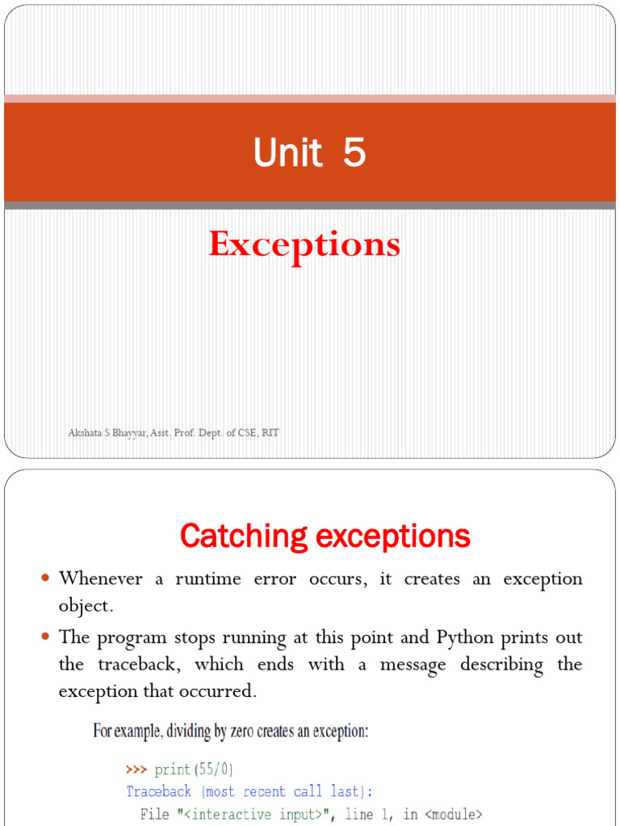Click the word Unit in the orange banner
[287, 152]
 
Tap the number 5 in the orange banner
[354, 152]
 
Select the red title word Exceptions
[304, 244]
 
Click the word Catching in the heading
[244, 536]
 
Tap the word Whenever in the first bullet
[100, 578]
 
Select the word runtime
[208, 579]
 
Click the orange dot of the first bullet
[45, 578]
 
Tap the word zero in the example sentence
[242, 731]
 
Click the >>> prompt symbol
[136, 770]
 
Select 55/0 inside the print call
[213, 770]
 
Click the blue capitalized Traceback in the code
[158, 791]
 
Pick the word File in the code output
[154, 814]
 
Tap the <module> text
[453, 815]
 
